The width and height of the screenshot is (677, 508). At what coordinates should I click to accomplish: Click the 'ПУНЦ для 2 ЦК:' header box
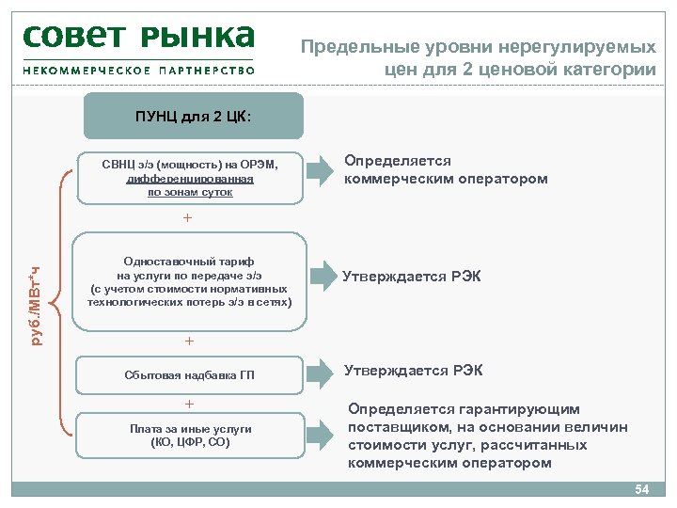(194, 117)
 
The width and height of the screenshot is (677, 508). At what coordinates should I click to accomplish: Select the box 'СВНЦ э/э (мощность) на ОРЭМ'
(190, 177)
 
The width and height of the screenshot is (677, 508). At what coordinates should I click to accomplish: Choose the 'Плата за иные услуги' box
(190, 435)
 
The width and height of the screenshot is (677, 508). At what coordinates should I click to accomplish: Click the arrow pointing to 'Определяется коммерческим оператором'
(320, 170)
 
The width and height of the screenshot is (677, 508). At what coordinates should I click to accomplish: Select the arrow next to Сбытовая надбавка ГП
(320, 371)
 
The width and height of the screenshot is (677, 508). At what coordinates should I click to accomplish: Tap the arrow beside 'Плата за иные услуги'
(320, 435)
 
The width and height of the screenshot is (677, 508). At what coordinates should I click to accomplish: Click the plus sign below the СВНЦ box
(187, 218)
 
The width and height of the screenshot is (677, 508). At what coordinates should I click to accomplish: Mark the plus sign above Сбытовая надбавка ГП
(189, 341)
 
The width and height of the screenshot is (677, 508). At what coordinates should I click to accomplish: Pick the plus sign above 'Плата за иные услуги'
(189, 404)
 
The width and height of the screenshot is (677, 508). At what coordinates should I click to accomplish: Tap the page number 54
(642, 489)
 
